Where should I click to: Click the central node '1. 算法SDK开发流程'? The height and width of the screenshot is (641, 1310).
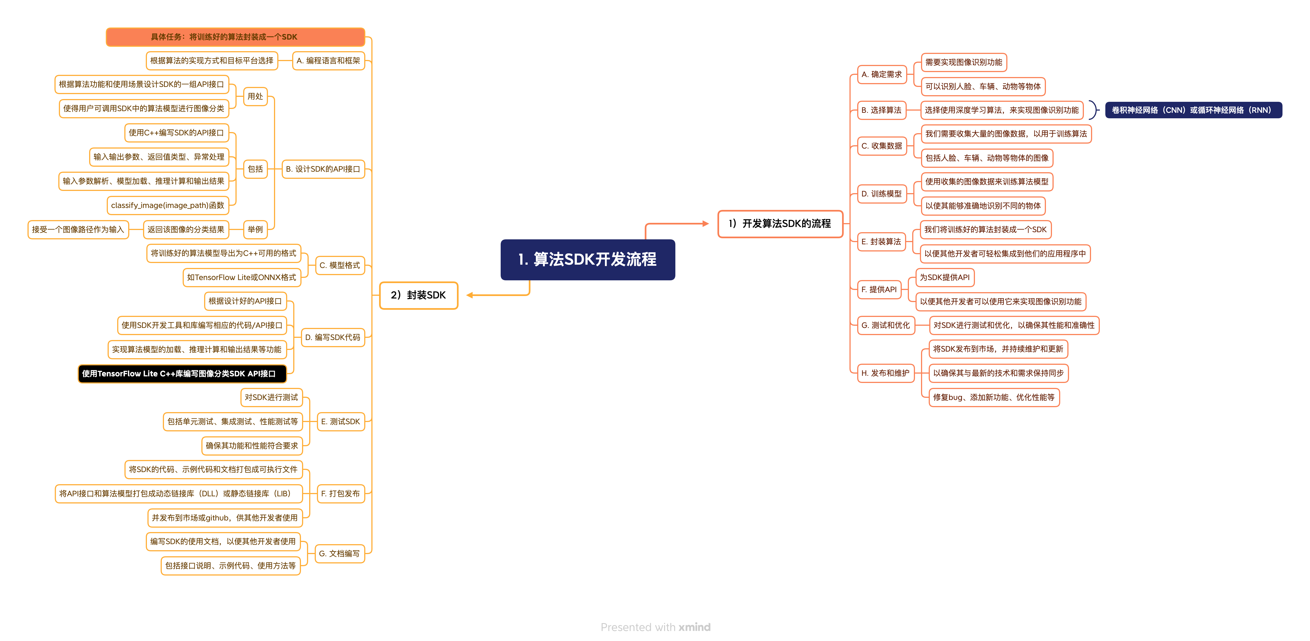tap(587, 259)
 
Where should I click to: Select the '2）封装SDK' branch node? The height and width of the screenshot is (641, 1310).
tap(418, 295)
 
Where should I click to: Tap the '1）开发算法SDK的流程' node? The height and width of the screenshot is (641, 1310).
tap(780, 223)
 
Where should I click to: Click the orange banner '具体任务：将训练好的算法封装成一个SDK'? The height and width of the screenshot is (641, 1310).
tap(235, 37)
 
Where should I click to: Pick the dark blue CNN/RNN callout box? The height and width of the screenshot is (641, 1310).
tap(1193, 110)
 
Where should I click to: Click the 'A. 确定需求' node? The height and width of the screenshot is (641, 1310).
tap(881, 74)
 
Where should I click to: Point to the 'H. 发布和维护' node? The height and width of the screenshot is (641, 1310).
tap(885, 373)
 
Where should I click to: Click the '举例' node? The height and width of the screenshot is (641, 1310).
tap(255, 229)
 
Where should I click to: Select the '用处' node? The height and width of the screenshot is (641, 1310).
tap(255, 96)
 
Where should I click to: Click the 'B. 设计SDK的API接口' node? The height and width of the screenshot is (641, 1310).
tap(323, 169)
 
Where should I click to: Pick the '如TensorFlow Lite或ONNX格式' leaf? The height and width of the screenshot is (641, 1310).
tap(242, 277)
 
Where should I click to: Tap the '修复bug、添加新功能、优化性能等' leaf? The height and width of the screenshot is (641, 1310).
tap(994, 397)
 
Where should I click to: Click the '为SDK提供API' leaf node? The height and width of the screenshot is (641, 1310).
tap(944, 277)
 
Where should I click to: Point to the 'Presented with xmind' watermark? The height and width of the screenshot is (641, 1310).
tap(656, 627)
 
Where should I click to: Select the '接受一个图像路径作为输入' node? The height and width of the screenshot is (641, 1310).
tap(78, 229)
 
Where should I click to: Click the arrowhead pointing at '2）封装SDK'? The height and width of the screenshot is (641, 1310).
tap(470, 295)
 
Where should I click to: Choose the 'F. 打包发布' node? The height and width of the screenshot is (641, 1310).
tap(340, 494)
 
